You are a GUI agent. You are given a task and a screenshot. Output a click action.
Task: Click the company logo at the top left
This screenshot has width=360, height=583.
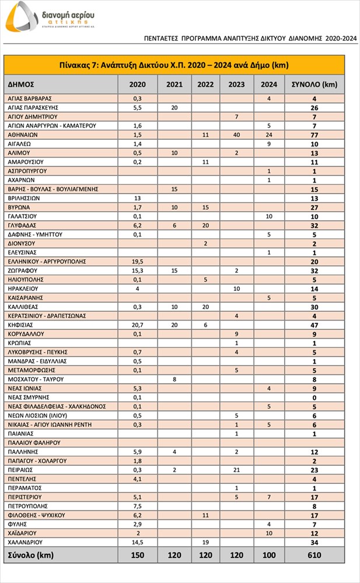tap(50, 16)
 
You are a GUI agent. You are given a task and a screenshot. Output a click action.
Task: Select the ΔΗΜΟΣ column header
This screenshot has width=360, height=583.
tap(22, 84)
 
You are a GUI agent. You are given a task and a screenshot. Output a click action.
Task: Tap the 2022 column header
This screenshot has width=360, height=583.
tap(205, 84)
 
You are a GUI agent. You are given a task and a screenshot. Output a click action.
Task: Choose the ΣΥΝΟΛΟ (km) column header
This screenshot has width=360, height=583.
tap(314, 84)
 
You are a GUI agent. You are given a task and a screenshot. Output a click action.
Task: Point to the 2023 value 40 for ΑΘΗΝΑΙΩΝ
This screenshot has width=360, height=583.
tap(236, 135)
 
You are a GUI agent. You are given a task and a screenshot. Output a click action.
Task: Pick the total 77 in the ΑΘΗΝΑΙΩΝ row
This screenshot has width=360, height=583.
tap(314, 135)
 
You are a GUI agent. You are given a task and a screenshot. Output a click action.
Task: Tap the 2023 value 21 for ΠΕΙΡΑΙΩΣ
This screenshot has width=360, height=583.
tap(236, 469)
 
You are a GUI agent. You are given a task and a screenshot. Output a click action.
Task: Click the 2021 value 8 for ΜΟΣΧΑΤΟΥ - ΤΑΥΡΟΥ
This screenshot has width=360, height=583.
tap(174, 379)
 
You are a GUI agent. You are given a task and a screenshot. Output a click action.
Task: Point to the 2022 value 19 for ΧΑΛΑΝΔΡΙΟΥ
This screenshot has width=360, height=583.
tap(205, 542)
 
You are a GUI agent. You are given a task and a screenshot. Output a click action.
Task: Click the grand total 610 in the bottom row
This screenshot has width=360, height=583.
tap(314, 555)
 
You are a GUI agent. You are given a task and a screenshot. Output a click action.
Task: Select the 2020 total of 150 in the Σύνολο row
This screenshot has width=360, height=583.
tap(138, 555)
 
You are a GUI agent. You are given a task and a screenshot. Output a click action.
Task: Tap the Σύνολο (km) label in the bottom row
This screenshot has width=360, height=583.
tap(30, 555)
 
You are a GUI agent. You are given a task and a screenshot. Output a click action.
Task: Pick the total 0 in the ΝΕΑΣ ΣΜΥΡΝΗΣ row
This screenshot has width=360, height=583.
tap(314, 397)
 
